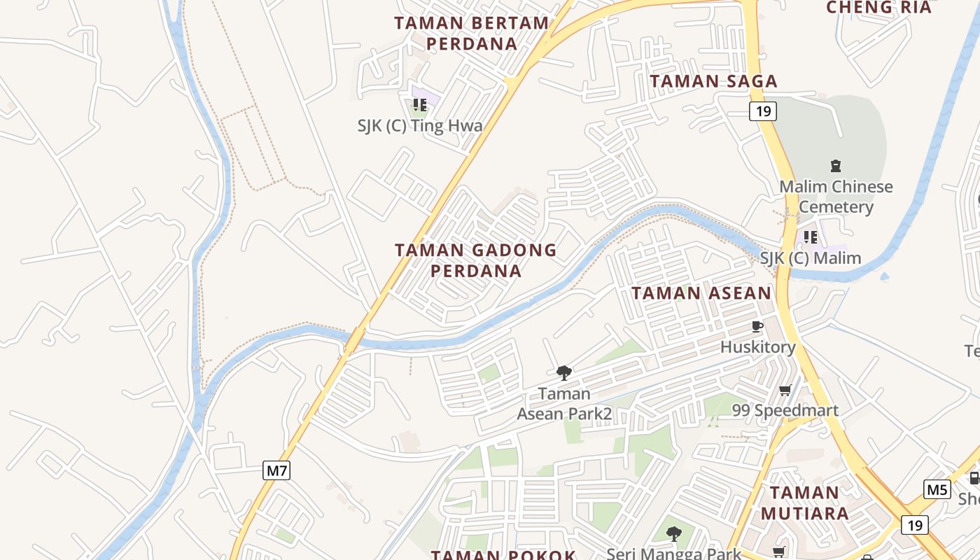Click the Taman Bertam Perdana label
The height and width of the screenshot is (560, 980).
[x=472, y=33]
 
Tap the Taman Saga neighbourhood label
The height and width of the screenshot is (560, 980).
[x=713, y=81]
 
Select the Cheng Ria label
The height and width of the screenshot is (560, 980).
[x=878, y=8]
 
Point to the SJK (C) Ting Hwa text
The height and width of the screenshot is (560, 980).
[x=420, y=126]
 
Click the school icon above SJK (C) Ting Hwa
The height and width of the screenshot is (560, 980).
[x=420, y=105]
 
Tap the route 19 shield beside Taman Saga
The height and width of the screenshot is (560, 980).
[x=763, y=111]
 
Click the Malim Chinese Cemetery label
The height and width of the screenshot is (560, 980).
[x=836, y=197]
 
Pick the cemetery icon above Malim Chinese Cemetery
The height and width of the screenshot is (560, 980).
[x=835, y=166]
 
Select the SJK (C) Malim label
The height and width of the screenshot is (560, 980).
[x=811, y=258]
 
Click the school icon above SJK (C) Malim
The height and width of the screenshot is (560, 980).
[x=811, y=237]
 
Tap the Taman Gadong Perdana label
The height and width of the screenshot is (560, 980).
[x=476, y=260]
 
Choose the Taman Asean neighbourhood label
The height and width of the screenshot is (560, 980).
[x=701, y=293]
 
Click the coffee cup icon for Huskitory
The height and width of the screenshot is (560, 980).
[x=757, y=326]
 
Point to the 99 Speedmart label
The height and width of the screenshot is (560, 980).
[x=785, y=410]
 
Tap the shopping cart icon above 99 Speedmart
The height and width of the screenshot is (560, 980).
[x=785, y=390]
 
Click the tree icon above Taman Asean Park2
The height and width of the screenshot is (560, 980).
[x=563, y=372]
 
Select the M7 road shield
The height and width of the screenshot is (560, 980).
[x=277, y=470]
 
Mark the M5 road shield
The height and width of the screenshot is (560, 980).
[x=937, y=489]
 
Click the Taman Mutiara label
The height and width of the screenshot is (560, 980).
[x=804, y=503]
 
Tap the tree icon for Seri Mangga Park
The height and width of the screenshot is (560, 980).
[x=673, y=535]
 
